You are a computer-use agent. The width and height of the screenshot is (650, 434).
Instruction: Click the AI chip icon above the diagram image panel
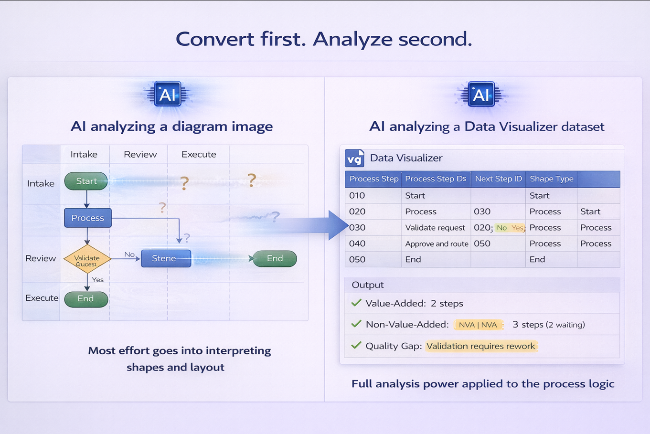(x=167, y=94)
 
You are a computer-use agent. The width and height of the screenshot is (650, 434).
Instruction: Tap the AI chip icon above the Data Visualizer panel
(x=480, y=95)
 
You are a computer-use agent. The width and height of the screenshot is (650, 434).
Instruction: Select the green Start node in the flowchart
(x=86, y=181)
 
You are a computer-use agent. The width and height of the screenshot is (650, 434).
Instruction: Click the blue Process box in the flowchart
(x=88, y=218)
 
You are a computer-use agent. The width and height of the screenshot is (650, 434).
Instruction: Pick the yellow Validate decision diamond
(x=87, y=259)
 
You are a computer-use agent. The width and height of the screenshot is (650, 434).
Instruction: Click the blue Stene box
(x=166, y=258)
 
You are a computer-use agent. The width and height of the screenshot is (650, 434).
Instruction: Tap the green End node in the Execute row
(x=86, y=299)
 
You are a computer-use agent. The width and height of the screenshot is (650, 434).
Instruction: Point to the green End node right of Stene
(x=275, y=258)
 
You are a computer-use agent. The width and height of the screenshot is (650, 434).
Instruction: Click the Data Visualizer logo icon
(x=355, y=158)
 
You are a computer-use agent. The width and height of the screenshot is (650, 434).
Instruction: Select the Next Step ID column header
(x=498, y=179)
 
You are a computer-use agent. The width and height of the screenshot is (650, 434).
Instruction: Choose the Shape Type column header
(x=551, y=179)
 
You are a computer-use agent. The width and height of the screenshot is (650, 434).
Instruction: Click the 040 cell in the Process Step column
(x=357, y=243)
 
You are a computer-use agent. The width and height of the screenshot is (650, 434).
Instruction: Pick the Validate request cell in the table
(x=435, y=228)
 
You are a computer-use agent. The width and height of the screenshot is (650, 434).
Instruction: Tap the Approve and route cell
(x=437, y=243)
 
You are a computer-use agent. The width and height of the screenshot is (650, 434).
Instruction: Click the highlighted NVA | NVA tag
(x=478, y=325)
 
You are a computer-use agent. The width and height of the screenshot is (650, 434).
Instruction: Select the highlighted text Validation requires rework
(x=481, y=346)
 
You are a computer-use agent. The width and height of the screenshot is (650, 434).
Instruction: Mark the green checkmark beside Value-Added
(x=356, y=303)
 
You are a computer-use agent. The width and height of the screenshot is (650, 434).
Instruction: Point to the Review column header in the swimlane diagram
(x=140, y=154)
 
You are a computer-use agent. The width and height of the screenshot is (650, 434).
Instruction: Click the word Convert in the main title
(x=215, y=39)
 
